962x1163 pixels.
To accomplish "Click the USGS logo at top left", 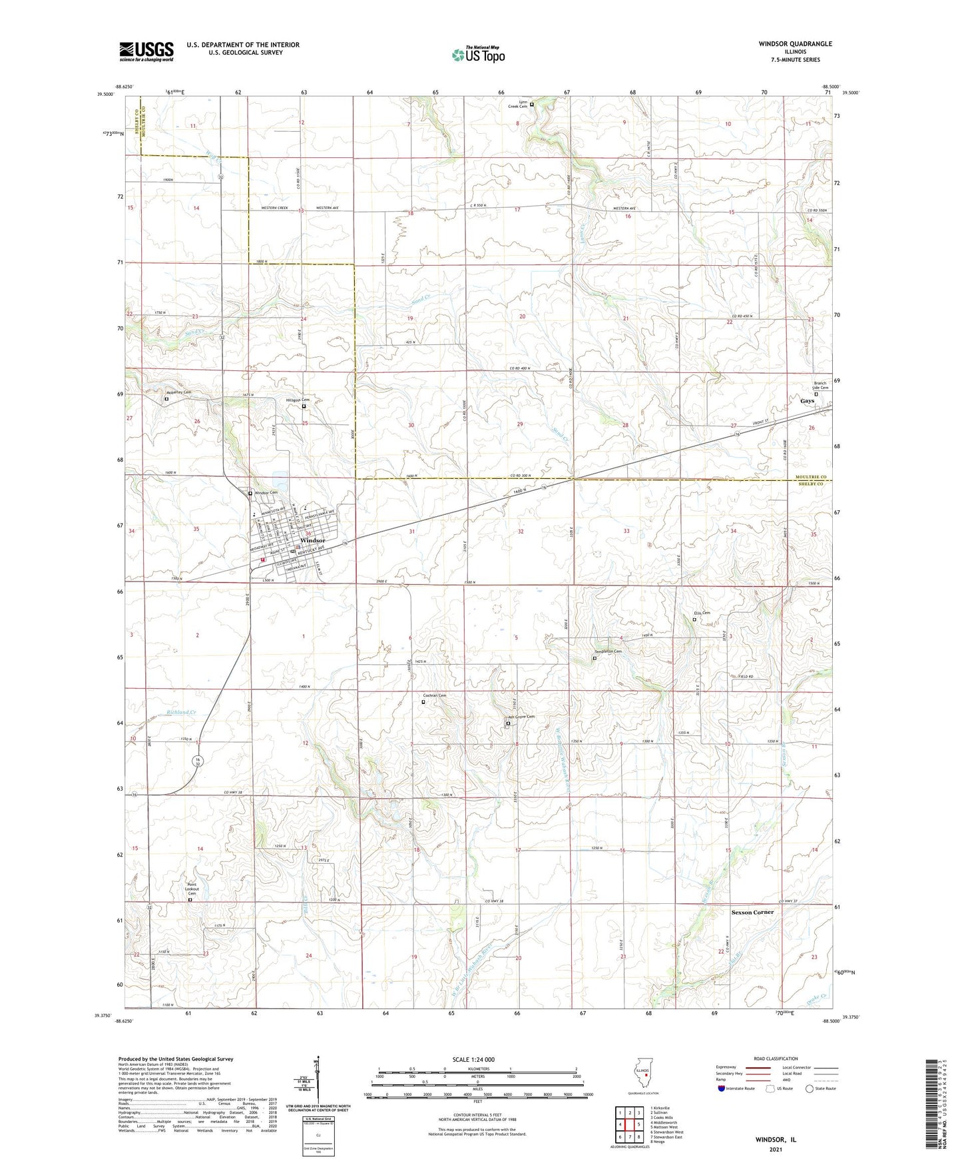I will (146, 51).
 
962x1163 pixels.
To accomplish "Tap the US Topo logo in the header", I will (477, 55).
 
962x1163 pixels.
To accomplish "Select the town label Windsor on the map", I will (312, 540).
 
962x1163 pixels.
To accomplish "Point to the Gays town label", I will (807, 401).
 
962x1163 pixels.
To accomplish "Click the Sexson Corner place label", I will (752, 912).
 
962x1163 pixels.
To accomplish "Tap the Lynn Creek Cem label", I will (518, 104).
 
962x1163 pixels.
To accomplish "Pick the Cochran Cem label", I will (434, 695).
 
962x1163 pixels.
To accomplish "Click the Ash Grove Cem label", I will (521, 717).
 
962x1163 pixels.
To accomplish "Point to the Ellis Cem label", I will (702, 613).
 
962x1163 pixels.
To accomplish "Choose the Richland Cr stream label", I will (182, 713).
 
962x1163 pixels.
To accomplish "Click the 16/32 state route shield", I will (198, 761).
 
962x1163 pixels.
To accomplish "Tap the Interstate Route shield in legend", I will (722, 1089).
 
